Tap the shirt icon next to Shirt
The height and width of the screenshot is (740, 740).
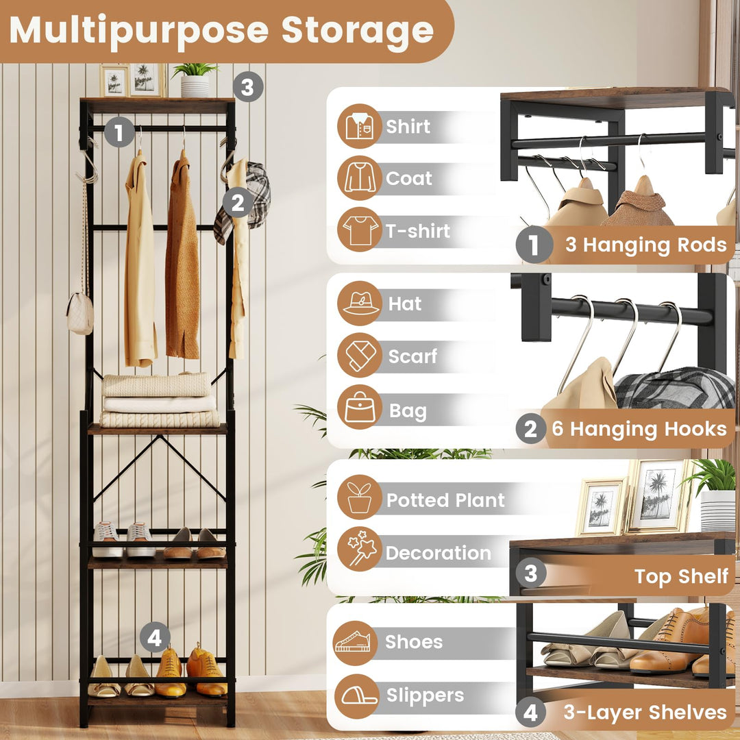click(359, 126)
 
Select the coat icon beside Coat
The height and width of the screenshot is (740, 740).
click(359, 178)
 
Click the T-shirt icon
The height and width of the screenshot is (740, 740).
click(359, 230)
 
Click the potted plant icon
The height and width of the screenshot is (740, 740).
click(359, 499)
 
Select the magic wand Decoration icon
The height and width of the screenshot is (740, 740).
click(359, 551)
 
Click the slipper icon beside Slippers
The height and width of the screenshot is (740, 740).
click(356, 695)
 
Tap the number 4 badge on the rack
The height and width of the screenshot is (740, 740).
click(155, 639)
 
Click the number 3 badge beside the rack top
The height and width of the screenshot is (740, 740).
click(247, 88)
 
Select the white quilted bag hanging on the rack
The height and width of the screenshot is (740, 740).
click(80, 314)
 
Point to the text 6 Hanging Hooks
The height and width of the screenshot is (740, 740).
click(639, 430)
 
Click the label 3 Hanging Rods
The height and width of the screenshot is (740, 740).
click(645, 245)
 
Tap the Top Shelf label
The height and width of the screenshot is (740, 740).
click(681, 576)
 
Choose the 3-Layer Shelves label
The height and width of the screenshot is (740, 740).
click(644, 713)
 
